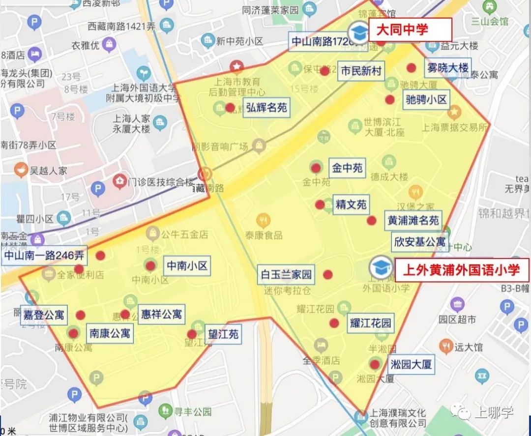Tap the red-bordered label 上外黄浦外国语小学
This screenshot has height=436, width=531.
(x=461, y=270)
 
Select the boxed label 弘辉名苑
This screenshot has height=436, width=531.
(x=266, y=107)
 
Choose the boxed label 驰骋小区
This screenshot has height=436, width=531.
(x=426, y=100)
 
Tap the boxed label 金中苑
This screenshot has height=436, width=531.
(x=347, y=168)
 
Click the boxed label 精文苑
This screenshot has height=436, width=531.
(x=351, y=204)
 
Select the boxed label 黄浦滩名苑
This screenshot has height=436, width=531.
(x=413, y=221)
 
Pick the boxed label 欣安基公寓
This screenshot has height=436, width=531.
(x=420, y=242)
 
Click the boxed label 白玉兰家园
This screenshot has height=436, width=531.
(x=286, y=274)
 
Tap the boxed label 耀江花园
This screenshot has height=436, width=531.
(x=371, y=323)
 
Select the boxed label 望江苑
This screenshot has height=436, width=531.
(x=223, y=334)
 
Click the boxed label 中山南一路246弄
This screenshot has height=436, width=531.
(x=44, y=256)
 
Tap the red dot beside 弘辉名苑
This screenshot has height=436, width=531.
(x=230, y=107)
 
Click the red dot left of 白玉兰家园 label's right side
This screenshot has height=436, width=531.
(x=327, y=274)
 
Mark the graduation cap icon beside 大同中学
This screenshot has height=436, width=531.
(x=358, y=32)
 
